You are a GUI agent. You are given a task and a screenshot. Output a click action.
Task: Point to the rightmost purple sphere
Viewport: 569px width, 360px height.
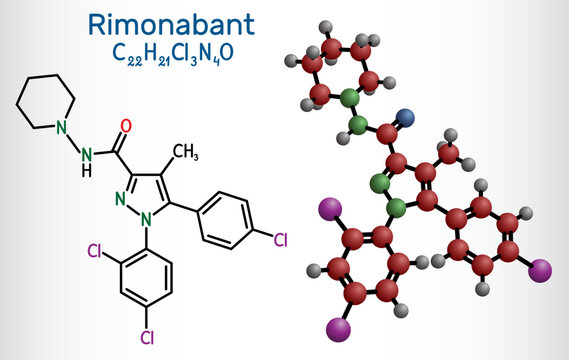pyautogui.click(x=541, y=269)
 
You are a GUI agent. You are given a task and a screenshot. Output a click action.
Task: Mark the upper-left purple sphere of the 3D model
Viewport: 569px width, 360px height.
pyautogui.click(x=325, y=208)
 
